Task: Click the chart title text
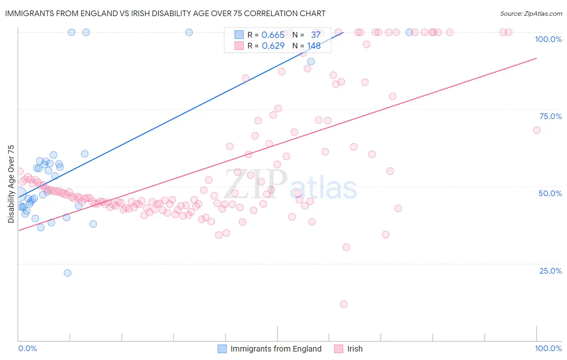(x=165, y=13)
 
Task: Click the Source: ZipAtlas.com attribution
(x=531, y=13)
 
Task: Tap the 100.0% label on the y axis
(x=548, y=39)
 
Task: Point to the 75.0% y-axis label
(x=550, y=116)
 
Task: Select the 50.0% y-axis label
(x=550, y=193)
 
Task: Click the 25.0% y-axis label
(x=550, y=271)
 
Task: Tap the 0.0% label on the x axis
(x=27, y=348)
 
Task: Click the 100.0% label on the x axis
(x=548, y=348)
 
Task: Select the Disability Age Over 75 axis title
(x=11, y=184)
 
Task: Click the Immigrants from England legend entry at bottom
(x=276, y=349)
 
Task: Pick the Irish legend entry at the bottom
(x=354, y=349)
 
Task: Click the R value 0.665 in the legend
(x=273, y=35)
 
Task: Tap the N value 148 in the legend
(x=314, y=46)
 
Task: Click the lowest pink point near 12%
(x=344, y=304)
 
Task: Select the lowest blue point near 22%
(x=67, y=273)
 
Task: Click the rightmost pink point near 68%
(x=536, y=130)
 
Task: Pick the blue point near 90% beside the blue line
(x=311, y=61)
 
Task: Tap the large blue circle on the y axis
(x=19, y=195)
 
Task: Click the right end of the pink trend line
(x=536, y=58)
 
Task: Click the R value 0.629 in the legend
(x=273, y=46)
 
